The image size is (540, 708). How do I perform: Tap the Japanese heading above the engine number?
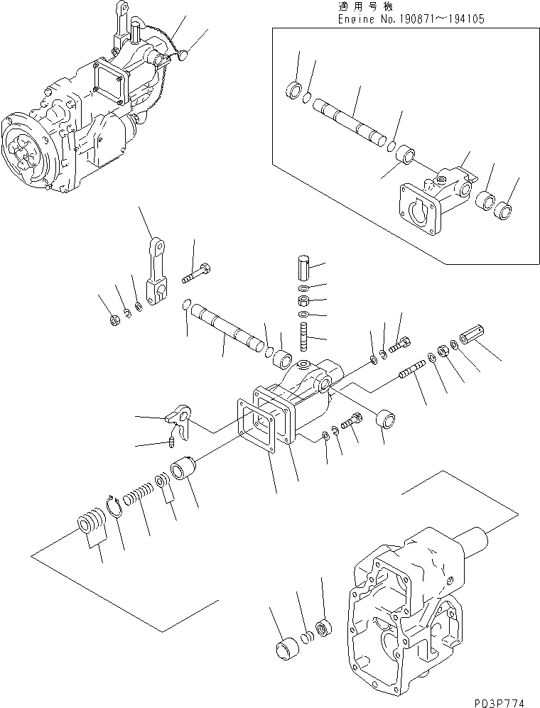362,6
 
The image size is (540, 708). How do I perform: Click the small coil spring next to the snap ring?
139,493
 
